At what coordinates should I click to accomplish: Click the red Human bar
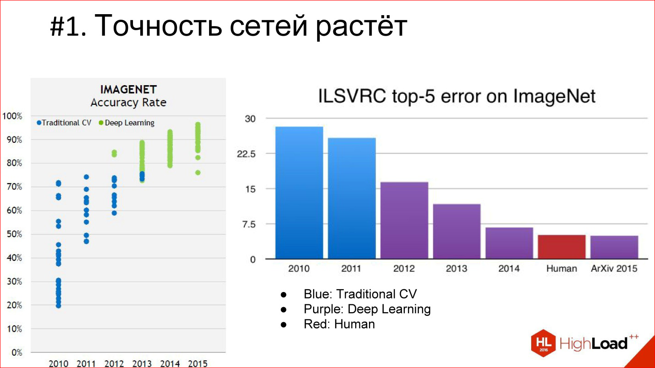(561, 247)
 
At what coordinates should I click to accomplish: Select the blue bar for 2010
(299, 193)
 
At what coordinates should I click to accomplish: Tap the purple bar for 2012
(404, 220)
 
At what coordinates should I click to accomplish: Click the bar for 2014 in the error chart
(509, 243)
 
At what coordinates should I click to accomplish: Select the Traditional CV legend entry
(64, 123)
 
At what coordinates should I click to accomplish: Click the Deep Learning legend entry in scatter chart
(127, 123)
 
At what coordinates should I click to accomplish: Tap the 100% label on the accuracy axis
(12, 116)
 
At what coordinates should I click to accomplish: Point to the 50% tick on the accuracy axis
(13, 234)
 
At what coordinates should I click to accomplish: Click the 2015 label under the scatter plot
(198, 364)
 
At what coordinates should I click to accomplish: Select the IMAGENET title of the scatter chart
(128, 89)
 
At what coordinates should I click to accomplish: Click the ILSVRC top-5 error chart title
(457, 97)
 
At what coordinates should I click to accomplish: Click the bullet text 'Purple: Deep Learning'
(367, 309)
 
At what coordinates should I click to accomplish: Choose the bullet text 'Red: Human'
(339, 324)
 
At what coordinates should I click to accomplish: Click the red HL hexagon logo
(544, 343)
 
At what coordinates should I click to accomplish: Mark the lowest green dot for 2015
(198, 173)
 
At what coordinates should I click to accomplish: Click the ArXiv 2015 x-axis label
(614, 269)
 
